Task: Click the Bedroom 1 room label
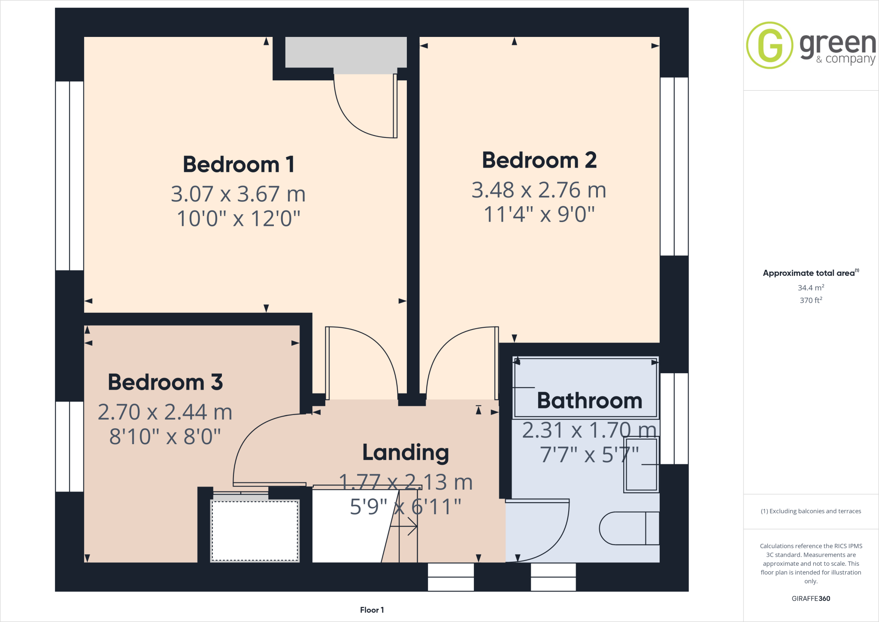tap(239, 165)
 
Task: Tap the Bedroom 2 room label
tap(539, 160)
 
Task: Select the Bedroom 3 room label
tap(165, 382)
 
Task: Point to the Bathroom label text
tap(589, 401)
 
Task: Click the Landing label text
tap(406, 452)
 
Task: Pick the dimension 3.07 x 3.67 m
tap(238, 194)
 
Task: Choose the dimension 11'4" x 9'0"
tap(539, 214)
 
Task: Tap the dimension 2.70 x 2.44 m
tap(165, 412)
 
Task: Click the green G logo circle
tap(770, 45)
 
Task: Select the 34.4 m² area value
tap(811, 288)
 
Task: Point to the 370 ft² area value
tap(811, 300)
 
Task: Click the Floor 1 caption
tap(372, 610)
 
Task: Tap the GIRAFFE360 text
tap(811, 598)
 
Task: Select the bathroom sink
tap(641, 464)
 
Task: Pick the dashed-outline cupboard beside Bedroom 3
tap(255, 531)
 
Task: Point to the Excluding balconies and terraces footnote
tap(811, 511)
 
